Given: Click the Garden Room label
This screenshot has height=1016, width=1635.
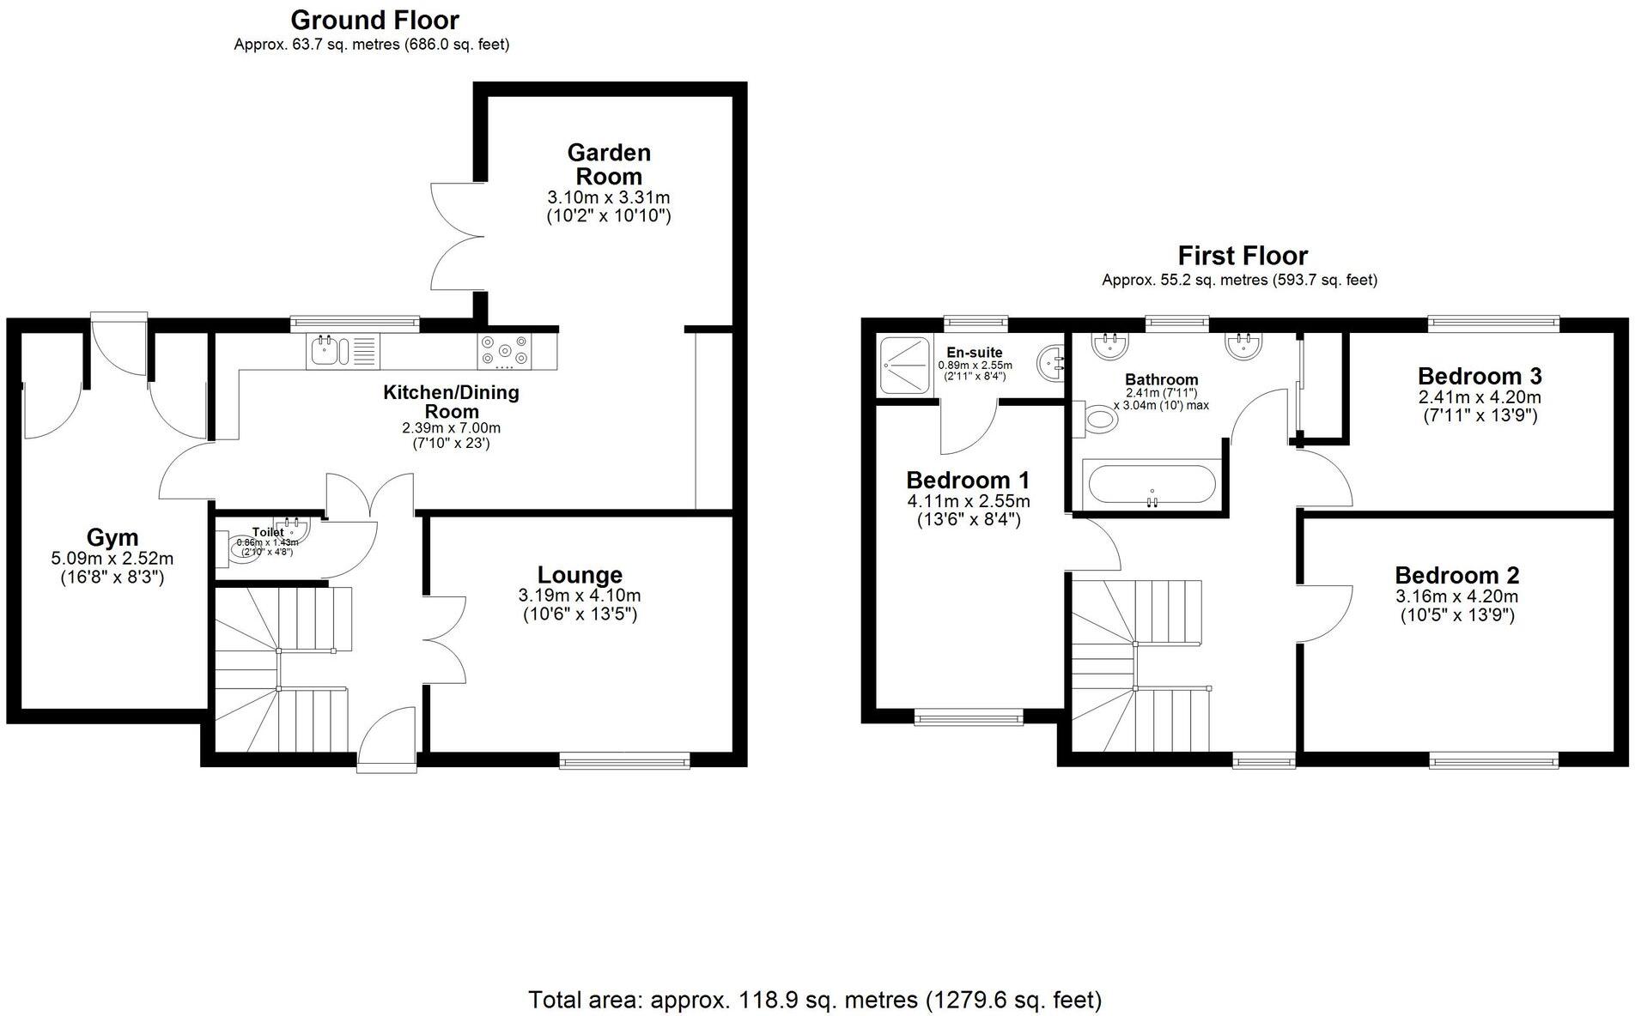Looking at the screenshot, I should tap(609, 165).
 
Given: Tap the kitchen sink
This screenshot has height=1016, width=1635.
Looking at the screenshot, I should tap(327, 351).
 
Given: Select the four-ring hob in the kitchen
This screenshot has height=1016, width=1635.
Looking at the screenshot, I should tap(504, 351).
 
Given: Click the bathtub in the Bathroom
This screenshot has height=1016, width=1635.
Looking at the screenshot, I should tap(1152, 485).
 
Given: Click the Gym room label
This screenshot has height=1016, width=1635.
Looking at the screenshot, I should tap(112, 538).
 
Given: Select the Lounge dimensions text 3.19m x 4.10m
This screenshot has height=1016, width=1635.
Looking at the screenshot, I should tap(580, 596).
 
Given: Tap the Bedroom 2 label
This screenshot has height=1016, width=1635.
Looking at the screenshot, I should tap(1456, 575).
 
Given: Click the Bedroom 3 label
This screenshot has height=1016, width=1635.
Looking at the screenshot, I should tap(1479, 376).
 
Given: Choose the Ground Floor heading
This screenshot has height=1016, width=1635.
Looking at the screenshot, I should tap(374, 20).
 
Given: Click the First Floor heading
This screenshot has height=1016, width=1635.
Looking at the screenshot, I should tap(1242, 256).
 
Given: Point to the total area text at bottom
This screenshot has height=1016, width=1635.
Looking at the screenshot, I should tap(814, 1000).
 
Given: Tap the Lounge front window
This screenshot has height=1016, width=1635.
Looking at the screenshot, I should tap(624, 759).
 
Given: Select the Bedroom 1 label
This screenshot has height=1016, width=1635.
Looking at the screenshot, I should tap(968, 480).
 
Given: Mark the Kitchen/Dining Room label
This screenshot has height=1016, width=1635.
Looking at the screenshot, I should tap(451, 402).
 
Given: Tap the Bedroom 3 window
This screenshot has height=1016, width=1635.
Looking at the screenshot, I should tap(1493, 324).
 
